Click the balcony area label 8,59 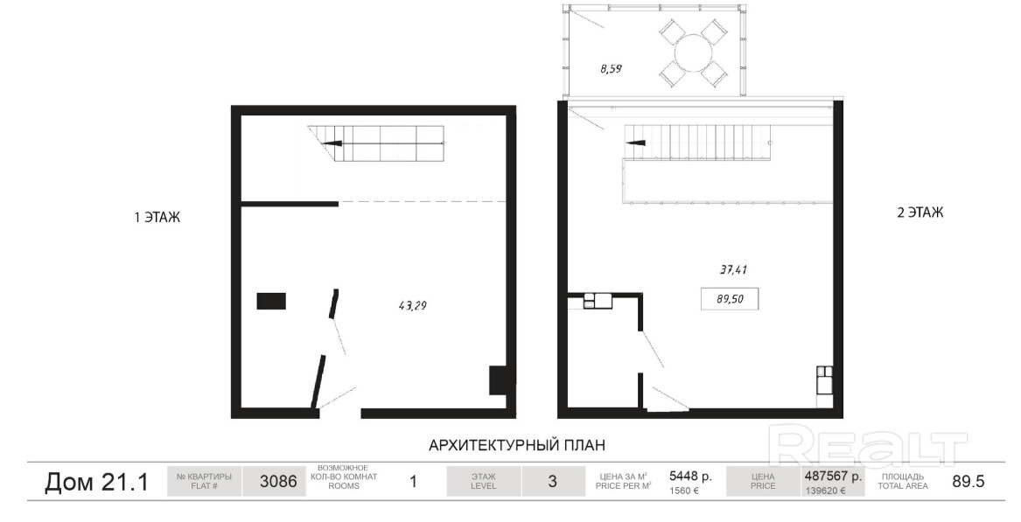pos(611,67)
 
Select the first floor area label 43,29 pos(412,304)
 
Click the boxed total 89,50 pos(730,299)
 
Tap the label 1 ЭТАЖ pos(157,218)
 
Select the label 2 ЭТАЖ pos(920,212)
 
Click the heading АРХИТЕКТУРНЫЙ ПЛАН pos(517,445)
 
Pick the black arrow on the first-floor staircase pos(333,143)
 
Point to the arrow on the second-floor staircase pos(635,143)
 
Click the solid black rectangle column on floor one pos(271,302)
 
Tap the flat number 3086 pos(278,483)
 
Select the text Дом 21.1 pos(96,483)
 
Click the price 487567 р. pos(834,476)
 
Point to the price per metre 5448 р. pos(691,476)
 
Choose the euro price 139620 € pos(825,491)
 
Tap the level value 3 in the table pos(552,483)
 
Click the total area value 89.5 pos(969,482)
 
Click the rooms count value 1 pos(413,483)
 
